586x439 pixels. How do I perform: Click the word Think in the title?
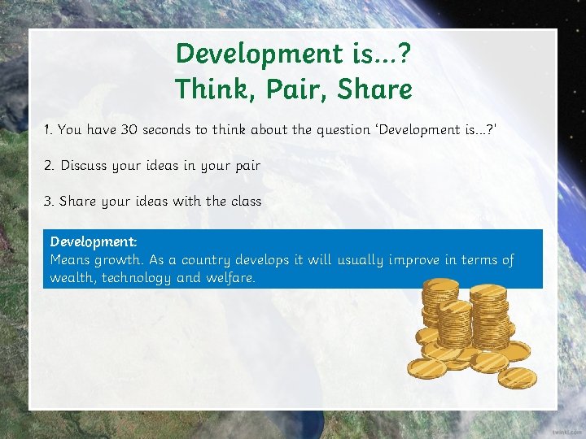[211, 89]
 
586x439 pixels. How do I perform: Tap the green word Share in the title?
[375, 89]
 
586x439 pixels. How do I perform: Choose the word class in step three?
[246, 201]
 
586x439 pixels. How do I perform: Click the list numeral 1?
[48, 130]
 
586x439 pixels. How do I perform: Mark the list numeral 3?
[49, 201]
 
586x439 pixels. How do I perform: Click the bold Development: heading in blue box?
[94, 242]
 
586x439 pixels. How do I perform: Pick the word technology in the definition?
[137, 278]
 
